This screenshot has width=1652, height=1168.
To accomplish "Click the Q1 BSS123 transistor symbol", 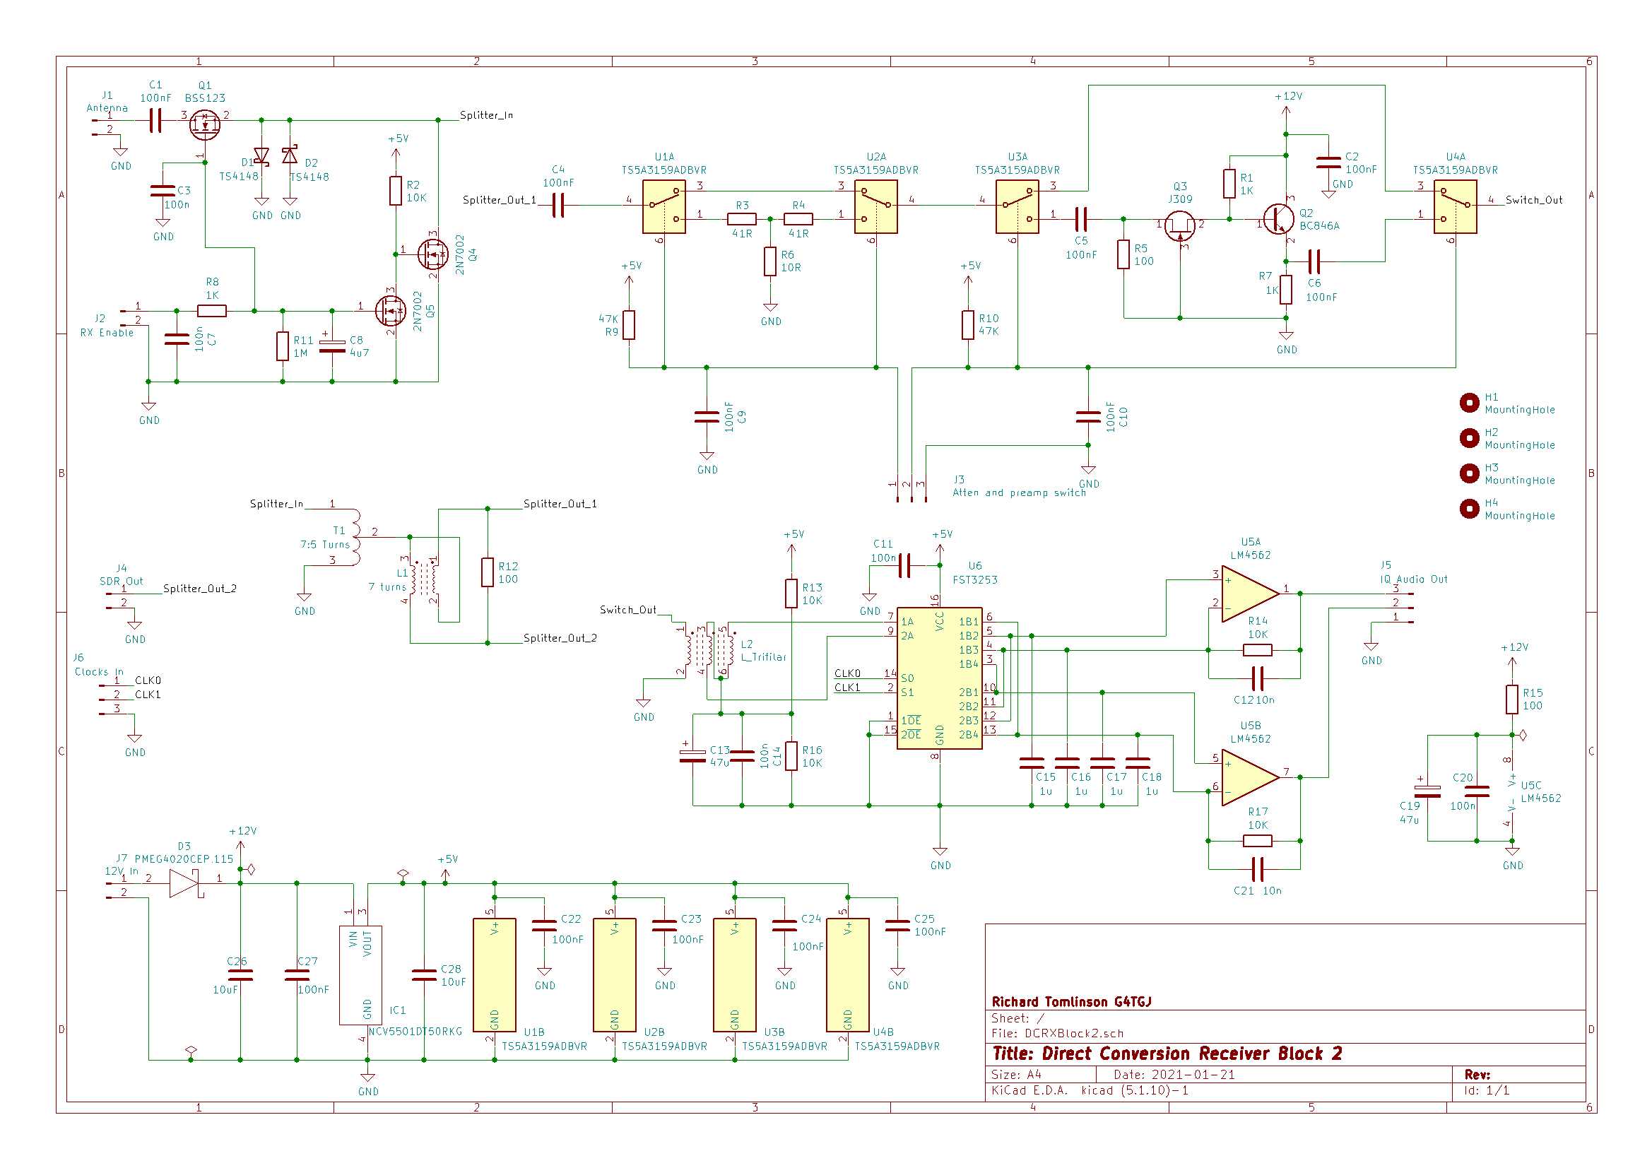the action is (x=205, y=125).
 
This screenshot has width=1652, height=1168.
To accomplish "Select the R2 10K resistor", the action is (x=395, y=191).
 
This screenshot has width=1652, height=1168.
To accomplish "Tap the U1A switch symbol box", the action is (x=663, y=206).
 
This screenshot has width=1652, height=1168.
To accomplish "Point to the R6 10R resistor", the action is (x=770, y=261).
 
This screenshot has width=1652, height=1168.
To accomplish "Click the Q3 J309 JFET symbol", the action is (x=1179, y=226).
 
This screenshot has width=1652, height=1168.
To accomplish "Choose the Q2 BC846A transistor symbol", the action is (x=1279, y=219).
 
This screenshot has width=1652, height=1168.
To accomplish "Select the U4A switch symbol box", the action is (x=1455, y=206).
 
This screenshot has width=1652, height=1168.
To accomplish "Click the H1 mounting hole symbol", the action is (x=1469, y=403).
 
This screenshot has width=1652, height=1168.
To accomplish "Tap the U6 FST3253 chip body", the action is (x=939, y=678).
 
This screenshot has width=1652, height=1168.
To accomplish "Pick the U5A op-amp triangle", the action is (x=1250, y=594).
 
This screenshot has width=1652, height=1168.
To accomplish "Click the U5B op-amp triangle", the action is (x=1250, y=777).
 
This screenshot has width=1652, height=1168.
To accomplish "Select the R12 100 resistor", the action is (x=487, y=572).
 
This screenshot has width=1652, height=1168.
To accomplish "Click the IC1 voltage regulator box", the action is (x=360, y=974).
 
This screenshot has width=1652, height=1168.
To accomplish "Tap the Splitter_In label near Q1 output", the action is (x=486, y=115).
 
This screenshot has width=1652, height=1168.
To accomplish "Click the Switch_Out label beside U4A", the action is (x=1534, y=200).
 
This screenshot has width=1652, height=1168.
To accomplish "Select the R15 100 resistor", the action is (x=1511, y=699).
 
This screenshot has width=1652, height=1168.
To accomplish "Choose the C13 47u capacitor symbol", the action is (x=692, y=755).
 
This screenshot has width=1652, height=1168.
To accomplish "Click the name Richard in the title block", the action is (x=1015, y=1002).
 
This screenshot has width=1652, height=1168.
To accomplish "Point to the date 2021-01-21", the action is (x=1193, y=1075).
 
